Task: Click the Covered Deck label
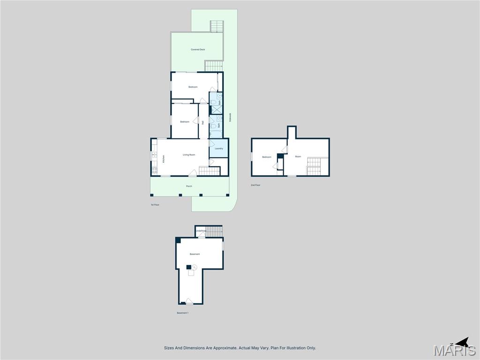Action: pyautogui.click(x=198, y=50)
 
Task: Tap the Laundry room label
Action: pyautogui.click(x=218, y=149)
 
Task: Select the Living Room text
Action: pyautogui.click(x=189, y=155)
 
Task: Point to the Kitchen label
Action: pyautogui.click(x=164, y=159)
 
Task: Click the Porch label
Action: pyautogui.click(x=189, y=186)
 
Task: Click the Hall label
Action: pyautogui.click(x=203, y=123)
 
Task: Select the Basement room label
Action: pyautogui.click(x=195, y=254)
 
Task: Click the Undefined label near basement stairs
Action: pyautogui.click(x=201, y=231)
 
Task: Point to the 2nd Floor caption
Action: pyautogui.click(x=255, y=185)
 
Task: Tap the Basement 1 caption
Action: pyautogui.click(x=182, y=313)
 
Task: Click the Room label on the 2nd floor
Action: pyautogui.click(x=298, y=157)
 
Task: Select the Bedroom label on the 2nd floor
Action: pyautogui.click(x=267, y=157)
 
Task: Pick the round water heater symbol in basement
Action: pyautogui.click(x=194, y=267)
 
